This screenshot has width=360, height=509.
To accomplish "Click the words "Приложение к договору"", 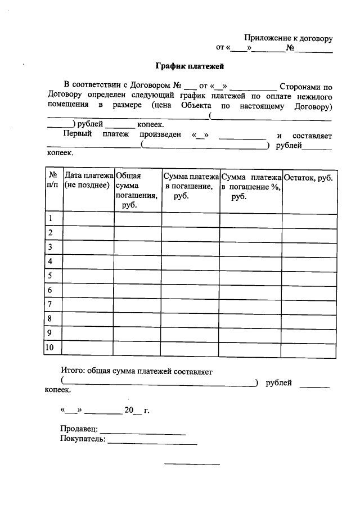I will click(x=288, y=38).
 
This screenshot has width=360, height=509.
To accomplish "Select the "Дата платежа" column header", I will click(x=88, y=182).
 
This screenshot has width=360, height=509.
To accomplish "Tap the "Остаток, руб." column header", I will click(x=309, y=178).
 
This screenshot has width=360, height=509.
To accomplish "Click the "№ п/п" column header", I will click(x=53, y=181).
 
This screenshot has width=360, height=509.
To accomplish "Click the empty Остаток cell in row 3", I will click(x=309, y=247).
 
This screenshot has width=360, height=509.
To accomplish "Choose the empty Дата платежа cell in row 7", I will click(x=88, y=305).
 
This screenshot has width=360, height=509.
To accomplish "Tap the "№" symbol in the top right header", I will click(x=291, y=48).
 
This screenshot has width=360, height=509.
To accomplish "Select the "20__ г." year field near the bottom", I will click(x=137, y=411).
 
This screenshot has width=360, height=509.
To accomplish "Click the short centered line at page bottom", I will click(x=192, y=465).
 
